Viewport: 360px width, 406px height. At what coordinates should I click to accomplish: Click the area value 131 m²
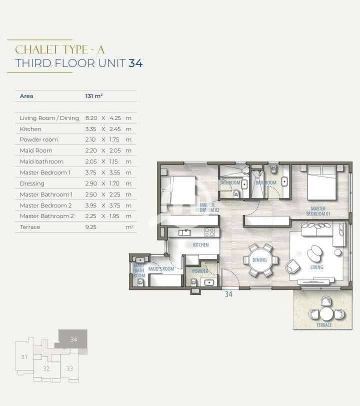(x=94, y=96)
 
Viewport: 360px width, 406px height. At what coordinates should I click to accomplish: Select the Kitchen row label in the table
(x=30, y=129)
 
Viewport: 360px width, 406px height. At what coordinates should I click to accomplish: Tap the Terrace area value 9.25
(x=90, y=227)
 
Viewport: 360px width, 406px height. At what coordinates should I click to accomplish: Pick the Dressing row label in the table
(x=32, y=183)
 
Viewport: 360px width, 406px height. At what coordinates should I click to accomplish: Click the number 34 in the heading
(x=135, y=63)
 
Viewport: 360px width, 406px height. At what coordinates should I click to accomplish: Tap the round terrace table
(x=326, y=313)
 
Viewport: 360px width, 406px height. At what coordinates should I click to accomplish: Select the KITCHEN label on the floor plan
(x=200, y=244)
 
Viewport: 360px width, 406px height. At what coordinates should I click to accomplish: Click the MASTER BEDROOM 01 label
(x=318, y=211)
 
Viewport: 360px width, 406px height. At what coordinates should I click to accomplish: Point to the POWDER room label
(x=200, y=271)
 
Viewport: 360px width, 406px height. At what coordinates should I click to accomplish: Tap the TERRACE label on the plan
(x=324, y=325)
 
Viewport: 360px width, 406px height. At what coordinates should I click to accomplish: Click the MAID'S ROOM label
(x=161, y=269)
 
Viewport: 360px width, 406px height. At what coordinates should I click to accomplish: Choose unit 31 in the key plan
(x=24, y=357)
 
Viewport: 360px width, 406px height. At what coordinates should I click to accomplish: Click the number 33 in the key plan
(x=69, y=368)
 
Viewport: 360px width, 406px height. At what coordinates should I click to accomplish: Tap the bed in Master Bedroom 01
(x=321, y=182)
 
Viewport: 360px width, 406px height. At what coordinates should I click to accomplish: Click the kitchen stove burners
(x=209, y=232)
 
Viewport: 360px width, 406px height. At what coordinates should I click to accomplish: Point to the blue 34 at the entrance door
(x=228, y=294)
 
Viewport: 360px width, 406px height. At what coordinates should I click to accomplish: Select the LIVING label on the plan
(x=316, y=267)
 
